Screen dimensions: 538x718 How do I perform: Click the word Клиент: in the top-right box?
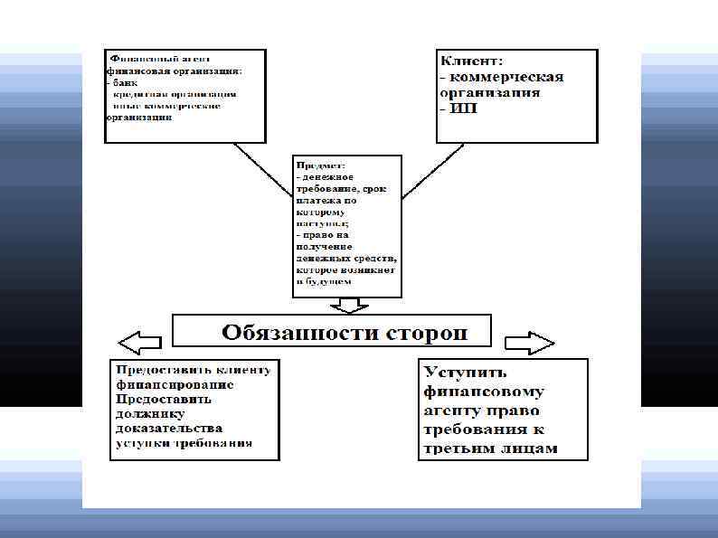click(471, 61)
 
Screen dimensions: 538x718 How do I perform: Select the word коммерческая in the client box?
click(512, 77)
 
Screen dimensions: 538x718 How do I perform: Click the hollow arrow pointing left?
click(139, 342)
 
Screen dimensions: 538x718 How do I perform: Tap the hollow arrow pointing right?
click(529, 342)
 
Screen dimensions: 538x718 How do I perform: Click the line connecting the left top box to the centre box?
click(263, 172)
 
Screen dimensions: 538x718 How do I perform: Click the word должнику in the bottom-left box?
click(146, 412)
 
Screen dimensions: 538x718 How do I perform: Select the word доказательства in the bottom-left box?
click(168, 428)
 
